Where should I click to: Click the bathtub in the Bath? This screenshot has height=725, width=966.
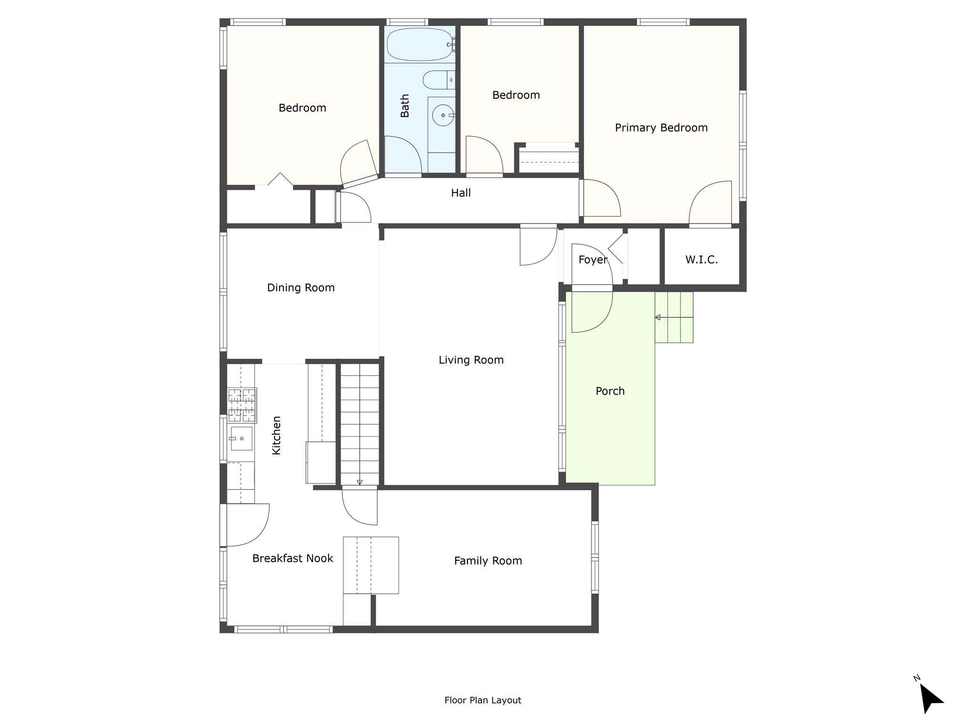pos(421,44)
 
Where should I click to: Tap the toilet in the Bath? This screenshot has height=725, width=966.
pos(439,80)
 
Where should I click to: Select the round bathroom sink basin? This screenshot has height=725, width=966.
pos(443,115)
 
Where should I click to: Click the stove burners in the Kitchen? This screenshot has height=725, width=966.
pos(242,405)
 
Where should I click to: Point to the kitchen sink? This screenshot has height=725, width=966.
pos(241,438)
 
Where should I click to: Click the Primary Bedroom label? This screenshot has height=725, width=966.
pos(661,127)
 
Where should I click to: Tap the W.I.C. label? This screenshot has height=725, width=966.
pos(701,259)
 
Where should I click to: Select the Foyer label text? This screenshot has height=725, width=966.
pos(593,260)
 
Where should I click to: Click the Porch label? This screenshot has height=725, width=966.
pos(610,391)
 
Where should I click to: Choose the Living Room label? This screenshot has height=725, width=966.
pos(471,360)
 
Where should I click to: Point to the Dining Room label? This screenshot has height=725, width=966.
pos(301,288)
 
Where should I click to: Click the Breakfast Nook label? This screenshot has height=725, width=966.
pos(292,558)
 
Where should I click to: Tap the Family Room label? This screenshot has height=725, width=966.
pos(488,561)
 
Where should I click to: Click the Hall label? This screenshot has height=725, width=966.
pos(461,193)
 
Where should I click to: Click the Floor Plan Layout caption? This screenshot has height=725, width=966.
pos(483,700)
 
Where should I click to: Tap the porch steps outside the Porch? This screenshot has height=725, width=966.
pos(674,317)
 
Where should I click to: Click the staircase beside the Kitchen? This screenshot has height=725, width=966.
pos(360,424)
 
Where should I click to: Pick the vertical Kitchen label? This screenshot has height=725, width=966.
pos(276,435)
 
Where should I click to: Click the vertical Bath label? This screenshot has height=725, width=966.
pos(405,106)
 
